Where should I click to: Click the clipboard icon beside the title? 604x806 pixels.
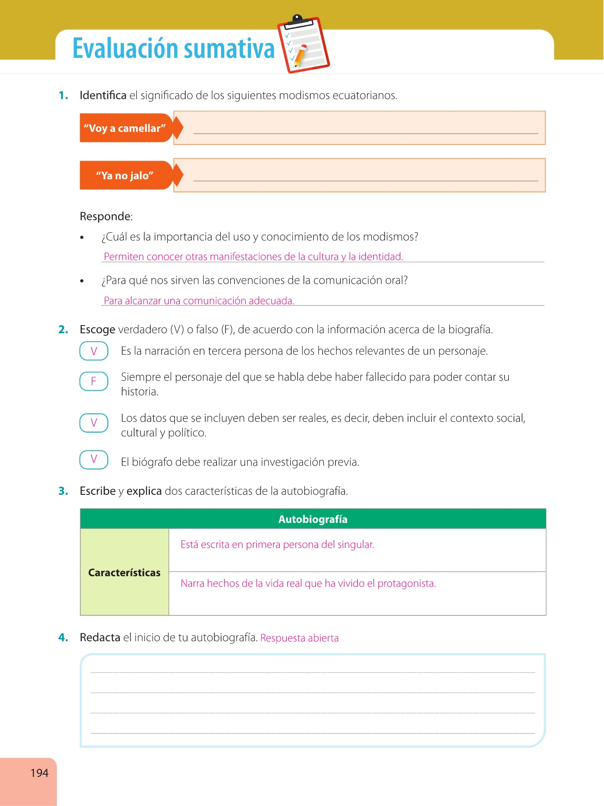point(303,44)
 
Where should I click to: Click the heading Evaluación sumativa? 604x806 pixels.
point(173,48)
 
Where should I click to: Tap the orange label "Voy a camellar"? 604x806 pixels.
point(125,128)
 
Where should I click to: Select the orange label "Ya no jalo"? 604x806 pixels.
point(125,176)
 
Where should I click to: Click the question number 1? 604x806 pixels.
point(63,95)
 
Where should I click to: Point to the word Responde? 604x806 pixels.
point(106,216)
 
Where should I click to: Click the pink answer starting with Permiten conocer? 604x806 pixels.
point(253,257)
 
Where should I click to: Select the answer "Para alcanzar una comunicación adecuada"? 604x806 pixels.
point(199,300)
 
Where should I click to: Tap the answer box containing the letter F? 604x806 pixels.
point(94,381)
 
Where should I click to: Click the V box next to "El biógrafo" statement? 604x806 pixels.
point(94,459)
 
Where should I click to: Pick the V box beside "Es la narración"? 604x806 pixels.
point(94,351)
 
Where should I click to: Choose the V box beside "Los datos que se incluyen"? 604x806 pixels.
point(94,423)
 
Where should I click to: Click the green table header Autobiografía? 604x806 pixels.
point(313,519)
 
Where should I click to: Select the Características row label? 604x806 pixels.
point(124,572)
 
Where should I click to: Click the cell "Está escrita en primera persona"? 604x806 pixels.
point(277,544)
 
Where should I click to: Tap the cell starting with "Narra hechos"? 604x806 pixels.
point(308,583)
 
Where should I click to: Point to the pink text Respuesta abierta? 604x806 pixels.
point(299,638)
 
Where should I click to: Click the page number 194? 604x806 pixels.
point(39,773)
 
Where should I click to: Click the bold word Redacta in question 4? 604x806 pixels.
point(100,637)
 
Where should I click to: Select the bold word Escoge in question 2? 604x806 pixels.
point(97,330)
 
